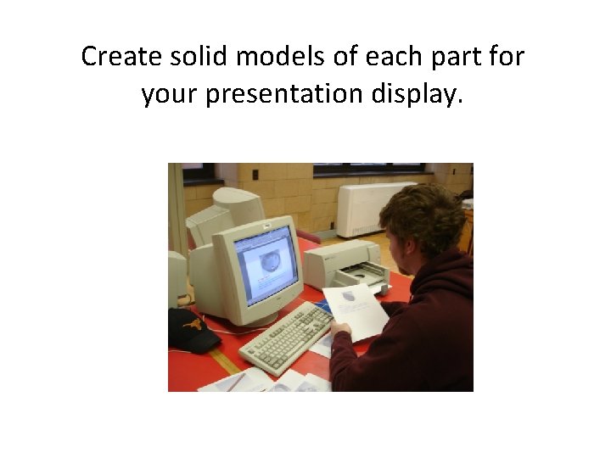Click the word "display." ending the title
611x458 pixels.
[x=418, y=93]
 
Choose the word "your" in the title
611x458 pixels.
[x=169, y=93]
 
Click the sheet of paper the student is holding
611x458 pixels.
[x=356, y=309]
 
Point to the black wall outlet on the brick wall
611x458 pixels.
[x=255, y=175]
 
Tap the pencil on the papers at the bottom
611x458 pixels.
[x=235, y=382]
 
